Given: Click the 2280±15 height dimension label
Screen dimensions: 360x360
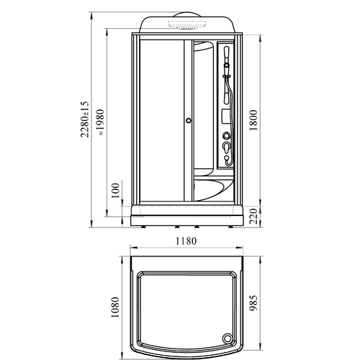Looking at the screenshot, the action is click(x=84, y=120).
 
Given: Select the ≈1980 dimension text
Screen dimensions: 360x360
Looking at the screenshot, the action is click(x=100, y=122).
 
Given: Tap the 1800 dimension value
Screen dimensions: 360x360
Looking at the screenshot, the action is click(x=253, y=120).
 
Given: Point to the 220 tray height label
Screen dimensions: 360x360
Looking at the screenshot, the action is click(x=253, y=217).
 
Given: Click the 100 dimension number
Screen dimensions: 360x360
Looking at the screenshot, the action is click(x=115, y=190).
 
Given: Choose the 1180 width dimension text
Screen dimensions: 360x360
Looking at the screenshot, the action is click(x=186, y=241).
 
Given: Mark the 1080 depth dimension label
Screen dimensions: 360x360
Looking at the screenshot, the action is click(x=115, y=307).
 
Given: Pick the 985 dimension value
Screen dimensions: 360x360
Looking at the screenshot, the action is click(x=253, y=303).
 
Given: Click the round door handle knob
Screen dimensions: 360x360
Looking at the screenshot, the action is click(x=189, y=120).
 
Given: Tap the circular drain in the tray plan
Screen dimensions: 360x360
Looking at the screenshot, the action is click(x=227, y=339).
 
